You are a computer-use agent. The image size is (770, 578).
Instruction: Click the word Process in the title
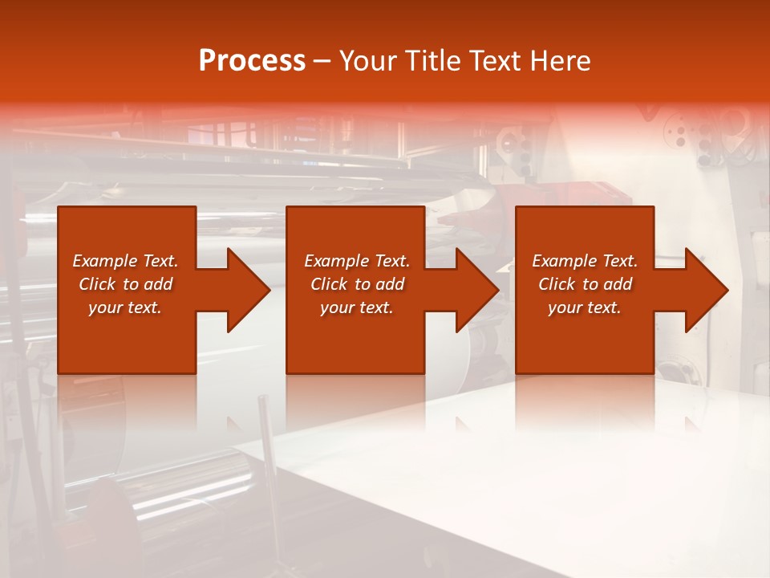[x=252, y=61]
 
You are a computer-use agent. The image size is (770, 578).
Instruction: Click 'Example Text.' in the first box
[x=125, y=261]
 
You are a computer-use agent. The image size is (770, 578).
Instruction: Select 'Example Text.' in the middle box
[x=357, y=261]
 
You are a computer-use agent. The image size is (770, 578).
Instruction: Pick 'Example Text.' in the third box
[x=585, y=261]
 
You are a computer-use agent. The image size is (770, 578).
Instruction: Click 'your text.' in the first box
[x=125, y=307]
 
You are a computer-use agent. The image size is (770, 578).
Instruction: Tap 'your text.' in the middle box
[x=357, y=307]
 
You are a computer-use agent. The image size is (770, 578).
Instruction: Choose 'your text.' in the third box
[x=585, y=307]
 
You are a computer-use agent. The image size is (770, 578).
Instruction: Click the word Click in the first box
[x=98, y=284]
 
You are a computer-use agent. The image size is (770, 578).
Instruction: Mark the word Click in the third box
[x=557, y=284]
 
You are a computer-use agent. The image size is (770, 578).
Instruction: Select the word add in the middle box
[x=390, y=284]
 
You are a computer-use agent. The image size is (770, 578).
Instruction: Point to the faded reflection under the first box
[x=127, y=401]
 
